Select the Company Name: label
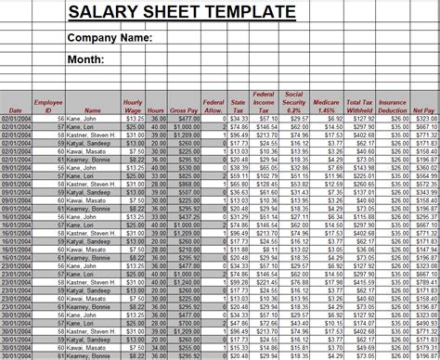click(x=110, y=38)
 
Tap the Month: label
click(x=86, y=61)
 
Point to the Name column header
click(x=92, y=110)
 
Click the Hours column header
click(x=158, y=110)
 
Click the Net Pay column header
click(x=424, y=110)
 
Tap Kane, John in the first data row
click(x=78, y=119)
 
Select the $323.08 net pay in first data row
click(x=426, y=119)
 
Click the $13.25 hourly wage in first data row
click(x=134, y=119)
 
